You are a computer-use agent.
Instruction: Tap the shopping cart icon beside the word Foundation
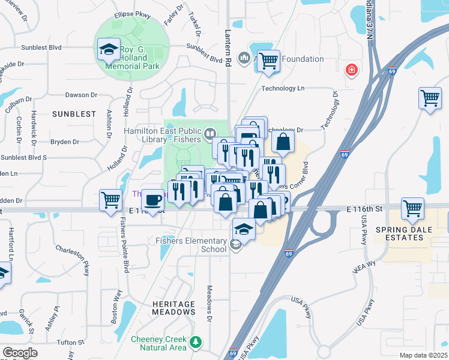coord(268,61)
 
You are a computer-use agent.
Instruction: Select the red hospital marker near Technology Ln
coord(351,71)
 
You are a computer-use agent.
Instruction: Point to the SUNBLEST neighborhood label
coord(74,113)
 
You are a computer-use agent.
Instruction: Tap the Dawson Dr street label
coord(81,95)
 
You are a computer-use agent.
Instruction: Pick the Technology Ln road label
coord(283,88)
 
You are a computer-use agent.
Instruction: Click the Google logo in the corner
coord(20,352)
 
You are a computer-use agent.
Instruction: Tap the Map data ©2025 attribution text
coord(423,355)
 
